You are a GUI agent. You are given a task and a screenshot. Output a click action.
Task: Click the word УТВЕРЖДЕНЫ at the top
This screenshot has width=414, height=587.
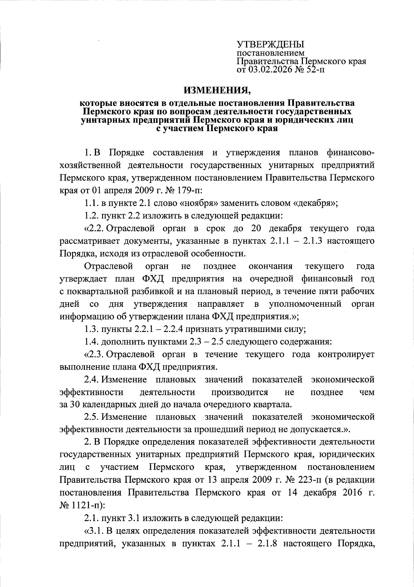click(x=270, y=45)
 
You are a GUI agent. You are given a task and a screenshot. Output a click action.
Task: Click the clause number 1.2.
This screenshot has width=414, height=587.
click(x=91, y=216)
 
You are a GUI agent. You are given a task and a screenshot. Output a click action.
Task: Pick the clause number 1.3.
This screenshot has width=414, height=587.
click(x=91, y=329)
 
